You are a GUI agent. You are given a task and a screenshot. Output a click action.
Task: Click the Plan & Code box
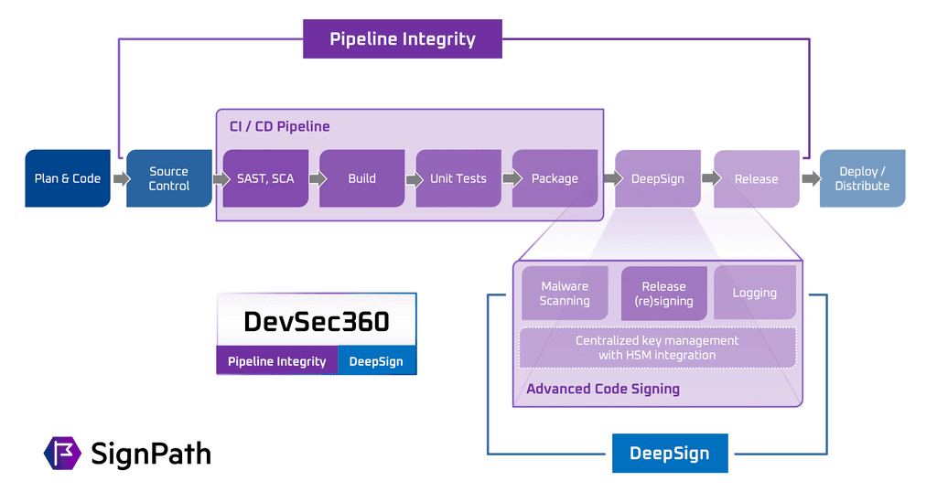[68, 178]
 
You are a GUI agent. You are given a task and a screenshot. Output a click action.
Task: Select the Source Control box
[169, 178]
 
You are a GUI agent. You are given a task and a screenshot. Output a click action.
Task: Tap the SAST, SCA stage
[265, 178]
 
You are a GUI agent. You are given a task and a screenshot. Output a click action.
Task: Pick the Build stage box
[362, 178]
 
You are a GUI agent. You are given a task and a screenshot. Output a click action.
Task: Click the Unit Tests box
[458, 178]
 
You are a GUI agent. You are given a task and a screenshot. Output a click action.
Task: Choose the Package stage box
[555, 178]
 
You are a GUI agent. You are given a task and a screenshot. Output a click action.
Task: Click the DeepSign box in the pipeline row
[657, 178]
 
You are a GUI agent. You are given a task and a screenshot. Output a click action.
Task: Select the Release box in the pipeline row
[756, 178]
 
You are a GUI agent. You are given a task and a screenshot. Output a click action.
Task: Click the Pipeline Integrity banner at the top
[403, 39]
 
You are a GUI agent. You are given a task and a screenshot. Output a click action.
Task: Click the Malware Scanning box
[565, 294]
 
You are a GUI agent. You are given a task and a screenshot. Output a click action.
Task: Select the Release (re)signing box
[663, 294]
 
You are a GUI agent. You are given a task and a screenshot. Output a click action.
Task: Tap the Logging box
[755, 293]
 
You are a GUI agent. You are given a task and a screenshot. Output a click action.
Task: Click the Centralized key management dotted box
[657, 348]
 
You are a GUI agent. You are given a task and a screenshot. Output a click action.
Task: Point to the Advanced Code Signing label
[603, 389]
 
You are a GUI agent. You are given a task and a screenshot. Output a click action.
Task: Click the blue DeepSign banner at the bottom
[670, 454]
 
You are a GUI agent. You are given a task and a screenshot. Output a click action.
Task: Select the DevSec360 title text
[317, 321]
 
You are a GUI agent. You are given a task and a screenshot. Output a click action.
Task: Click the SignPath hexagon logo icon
[62, 453]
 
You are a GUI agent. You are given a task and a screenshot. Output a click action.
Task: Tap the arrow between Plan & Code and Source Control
[119, 178]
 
